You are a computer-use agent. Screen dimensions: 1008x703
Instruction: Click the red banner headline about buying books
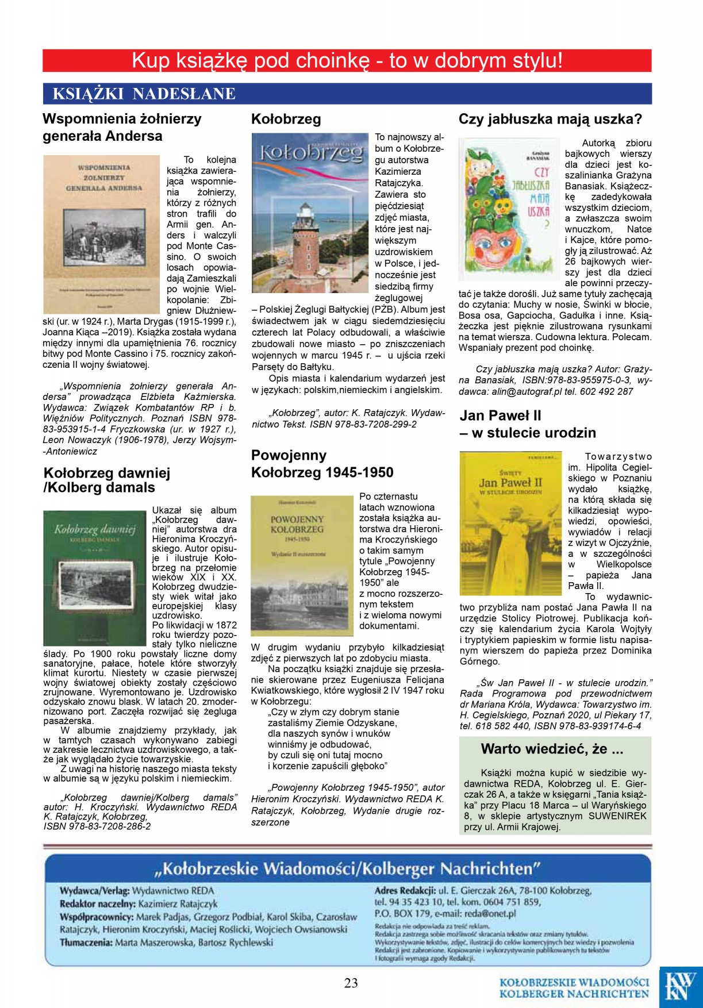pyautogui.click(x=347, y=60)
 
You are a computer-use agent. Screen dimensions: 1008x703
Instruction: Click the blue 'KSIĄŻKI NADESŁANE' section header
pyautogui.click(x=144, y=94)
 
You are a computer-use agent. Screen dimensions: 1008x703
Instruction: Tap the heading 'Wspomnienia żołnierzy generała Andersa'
pyautogui.click(x=122, y=127)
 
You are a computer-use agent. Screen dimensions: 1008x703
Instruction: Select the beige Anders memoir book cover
pyautogui.click(x=101, y=234)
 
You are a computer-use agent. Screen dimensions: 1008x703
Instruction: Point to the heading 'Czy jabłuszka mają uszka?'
pyautogui.click(x=550, y=119)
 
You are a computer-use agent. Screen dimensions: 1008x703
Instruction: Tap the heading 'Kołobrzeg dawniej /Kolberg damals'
pyautogui.click(x=107, y=480)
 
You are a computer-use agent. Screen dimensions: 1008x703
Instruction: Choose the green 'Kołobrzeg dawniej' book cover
pyautogui.click(x=95, y=578)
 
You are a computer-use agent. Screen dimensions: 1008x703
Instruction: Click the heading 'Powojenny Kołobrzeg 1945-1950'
pyautogui.click(x=322, y=464)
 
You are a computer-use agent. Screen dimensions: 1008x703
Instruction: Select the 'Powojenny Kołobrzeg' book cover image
pyautogui.click(x=302, y=565)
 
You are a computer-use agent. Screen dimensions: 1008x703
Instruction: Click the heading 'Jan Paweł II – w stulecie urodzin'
pyautogui.click(x=527, y=424)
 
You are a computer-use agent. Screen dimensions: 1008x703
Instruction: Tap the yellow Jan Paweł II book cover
pyautogui.click(x=510, y=523)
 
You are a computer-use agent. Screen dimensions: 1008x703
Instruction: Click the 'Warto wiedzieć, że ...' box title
pyautogui.click(x=552, y=749)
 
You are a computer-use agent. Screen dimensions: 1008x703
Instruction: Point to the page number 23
pyautogui.click(x=351, y=983)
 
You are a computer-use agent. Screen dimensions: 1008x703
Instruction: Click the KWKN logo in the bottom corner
pyautogui.click(x=681, y=986)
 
